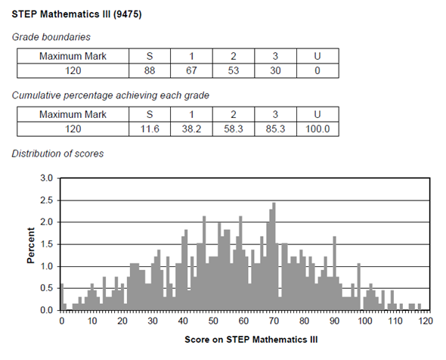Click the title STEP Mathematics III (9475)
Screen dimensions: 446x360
point(76,14)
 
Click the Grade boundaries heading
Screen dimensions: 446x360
point(51,37)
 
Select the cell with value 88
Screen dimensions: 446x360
point(150,70)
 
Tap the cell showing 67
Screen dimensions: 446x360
point(191,70)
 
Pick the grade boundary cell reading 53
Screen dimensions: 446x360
point(234,70)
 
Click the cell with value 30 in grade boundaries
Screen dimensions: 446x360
point(275,70)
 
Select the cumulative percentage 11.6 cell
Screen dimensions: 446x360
point(150,129)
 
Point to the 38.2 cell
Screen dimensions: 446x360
point(191,129)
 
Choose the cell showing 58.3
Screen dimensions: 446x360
point(234,129)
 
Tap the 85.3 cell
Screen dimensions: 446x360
point(275,129)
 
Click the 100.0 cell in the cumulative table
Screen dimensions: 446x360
point(317,129)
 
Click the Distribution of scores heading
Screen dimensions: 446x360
point(57,154)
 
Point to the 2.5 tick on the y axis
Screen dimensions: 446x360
point(47,200)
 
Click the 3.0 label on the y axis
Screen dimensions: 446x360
point(47,178)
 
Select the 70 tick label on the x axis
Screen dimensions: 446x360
point(274,321)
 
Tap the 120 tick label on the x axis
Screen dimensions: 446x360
point(426,321)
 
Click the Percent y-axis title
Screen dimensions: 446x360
point(31,245)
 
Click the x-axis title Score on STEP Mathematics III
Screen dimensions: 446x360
point(251,340)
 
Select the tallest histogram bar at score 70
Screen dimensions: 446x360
point(274,256)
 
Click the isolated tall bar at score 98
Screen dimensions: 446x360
point(359,287)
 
